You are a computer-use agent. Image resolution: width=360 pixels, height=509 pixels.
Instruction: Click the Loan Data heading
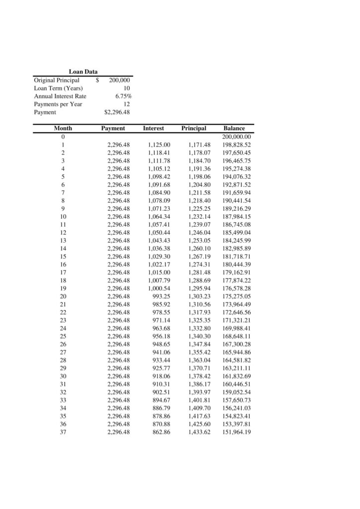pos(83,72)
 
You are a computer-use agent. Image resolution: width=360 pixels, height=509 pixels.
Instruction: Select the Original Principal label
pos(56,80)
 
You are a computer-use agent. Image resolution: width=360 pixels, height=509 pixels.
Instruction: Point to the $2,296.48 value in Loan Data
pos(117,112)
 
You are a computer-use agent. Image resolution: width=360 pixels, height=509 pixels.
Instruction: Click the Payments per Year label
pos(58,104)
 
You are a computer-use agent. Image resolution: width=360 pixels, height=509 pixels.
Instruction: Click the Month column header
pos(63,128)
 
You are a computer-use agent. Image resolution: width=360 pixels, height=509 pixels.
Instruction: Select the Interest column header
pos(153,128)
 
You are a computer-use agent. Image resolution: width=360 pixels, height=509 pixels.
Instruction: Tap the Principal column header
pos(193,128)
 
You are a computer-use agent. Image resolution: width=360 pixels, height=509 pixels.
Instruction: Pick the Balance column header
pos(234,128)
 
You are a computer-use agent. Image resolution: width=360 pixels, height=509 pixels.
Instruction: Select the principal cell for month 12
pos(199,233)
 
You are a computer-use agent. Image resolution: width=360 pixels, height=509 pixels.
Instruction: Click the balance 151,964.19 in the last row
pos(237,432)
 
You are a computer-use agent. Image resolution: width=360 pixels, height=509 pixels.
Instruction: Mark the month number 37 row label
pos(63,432)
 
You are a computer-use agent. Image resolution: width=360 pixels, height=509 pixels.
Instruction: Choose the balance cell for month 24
pos(237,328)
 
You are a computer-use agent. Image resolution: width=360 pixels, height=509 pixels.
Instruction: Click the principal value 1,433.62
pos(199,432)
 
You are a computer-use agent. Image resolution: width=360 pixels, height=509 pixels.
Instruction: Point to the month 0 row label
pos(63,137)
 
